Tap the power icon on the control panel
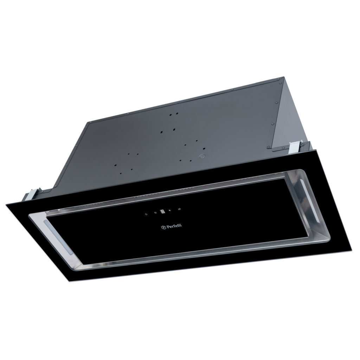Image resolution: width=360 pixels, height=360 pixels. click(x=146, y=213)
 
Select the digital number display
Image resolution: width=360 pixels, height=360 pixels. click(x=162, y=211)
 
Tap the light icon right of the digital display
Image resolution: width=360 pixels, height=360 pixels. click(x=171, y=210)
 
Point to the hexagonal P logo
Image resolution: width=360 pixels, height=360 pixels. click(x=162, y=228)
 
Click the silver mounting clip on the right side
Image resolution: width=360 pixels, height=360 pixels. click(x=293, y=147)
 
